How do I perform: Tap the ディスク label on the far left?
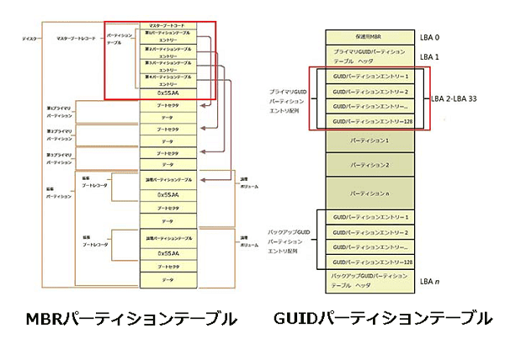31,39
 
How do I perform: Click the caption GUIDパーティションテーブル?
382,318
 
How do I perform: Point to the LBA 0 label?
431,37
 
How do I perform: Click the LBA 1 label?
431,56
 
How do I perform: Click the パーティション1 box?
370,140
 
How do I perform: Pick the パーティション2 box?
370,165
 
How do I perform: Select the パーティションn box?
370,193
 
